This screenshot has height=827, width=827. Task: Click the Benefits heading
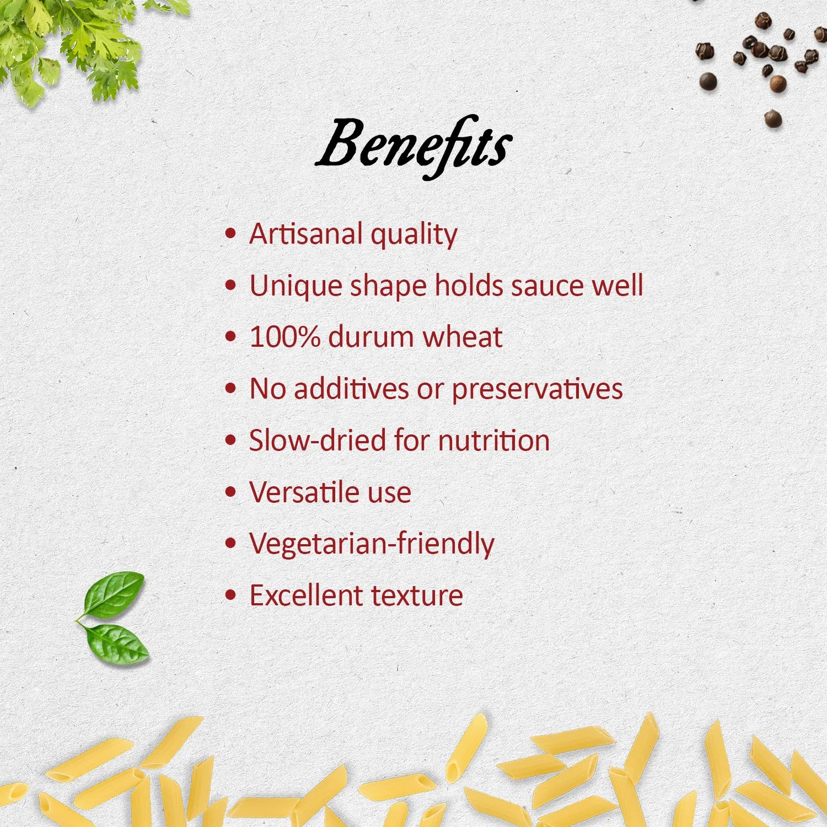pyautogui.click(x=413, y=146)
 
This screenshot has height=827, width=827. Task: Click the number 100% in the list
pyautogui.click(x=284, y=336)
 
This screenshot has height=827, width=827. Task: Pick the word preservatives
pyautogui.click(x=538, y=390)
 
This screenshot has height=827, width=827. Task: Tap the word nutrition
pyautogui.click(x=494, y=441)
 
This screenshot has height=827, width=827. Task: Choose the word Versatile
pyautogui.click(x=304, y=492)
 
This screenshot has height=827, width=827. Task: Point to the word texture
pyautogui.click(x=417, y=595)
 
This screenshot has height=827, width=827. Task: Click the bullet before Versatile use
pyautogui.click(x=231, y=492)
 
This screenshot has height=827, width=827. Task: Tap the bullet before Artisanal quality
pyautogui.click(x=231, y=234)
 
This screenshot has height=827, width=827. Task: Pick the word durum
pyautogui.click(x=370, y=336)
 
